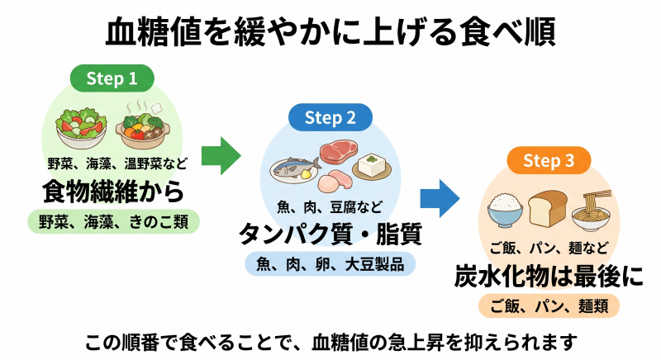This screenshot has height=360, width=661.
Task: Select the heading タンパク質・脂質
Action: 330,234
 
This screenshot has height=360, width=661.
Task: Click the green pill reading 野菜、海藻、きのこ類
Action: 112,221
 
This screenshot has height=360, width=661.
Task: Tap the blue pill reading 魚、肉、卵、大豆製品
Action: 330,264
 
